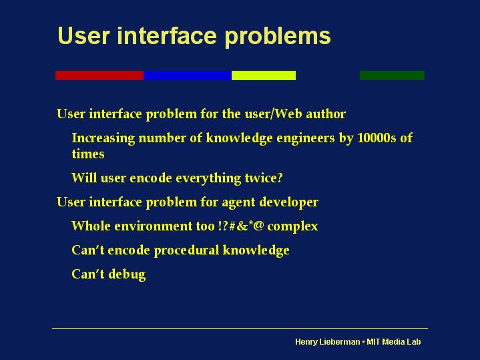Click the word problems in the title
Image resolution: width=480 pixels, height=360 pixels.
pyautogui.click(x=278, y=37)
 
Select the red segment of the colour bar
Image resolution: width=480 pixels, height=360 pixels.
pyautogui.click(x=99, y=75)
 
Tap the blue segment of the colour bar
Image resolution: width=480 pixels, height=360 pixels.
pyautogui.click(x=188, y=75)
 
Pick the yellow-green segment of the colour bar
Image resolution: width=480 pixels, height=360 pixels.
pyautogui.click(x=264, y=75)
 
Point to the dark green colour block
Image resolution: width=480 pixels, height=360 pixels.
pyautogui.click(x=392, y=75)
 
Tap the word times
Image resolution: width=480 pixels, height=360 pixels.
pyautogui.click(x=88, y=154)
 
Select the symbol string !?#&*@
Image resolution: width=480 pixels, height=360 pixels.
pyautogui.click(x=241, y=226)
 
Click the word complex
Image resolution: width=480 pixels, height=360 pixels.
pyautogui.click(x=292, y=226)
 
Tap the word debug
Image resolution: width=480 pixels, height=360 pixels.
pyautogui.click(x=127, y=275)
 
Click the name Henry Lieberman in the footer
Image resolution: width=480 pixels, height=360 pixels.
pyautogui.click(x=328, y=342)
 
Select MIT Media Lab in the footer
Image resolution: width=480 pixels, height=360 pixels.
pyautogui.click(x=394, y=342)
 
